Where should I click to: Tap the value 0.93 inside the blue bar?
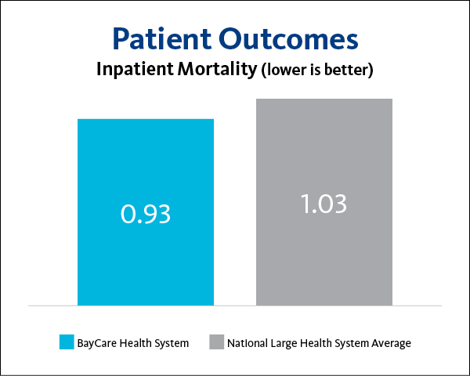(145, 212)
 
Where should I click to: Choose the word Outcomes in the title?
(289, 39)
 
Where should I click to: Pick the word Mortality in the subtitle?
(217, 69)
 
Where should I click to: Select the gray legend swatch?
(215, 342)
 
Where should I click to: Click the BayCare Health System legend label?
(132, 343)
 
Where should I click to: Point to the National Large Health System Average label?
(319, 343)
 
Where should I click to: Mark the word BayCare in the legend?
(95, 343)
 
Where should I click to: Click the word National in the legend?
(248, 343)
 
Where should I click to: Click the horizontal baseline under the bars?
(235, 305)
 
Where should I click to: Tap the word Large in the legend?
(284, 343)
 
